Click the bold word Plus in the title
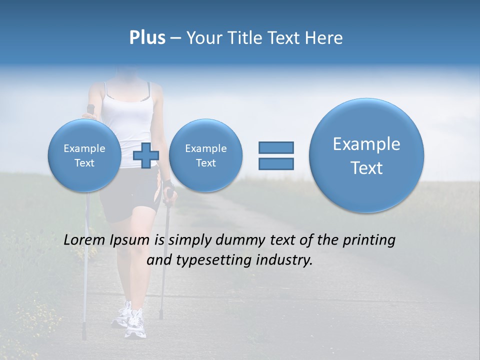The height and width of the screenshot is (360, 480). pyautogui.click(x=147, y=38)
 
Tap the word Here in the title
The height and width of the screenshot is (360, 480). pyautogui.click(x=323, y=38)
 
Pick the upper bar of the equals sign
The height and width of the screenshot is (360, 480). pyautogui.click(x=276, y=147)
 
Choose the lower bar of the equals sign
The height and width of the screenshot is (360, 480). pyautogui.click(x=276, y=163)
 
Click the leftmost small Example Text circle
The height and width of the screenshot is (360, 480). pyautogui.click(x=84, y=155)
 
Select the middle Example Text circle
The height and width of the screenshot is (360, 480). pyautogui.click(x=205, y=155)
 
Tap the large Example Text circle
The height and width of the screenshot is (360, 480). pyautogui.click(x=366, y=155)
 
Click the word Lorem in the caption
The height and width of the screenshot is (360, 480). pyautogui.click(x=85, y=240)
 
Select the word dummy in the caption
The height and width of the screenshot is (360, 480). pyautogui.click(x=236, y=240)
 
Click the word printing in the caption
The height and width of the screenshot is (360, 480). pyautogui.click(x=369, y=240)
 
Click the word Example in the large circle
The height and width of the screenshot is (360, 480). pyautogui.click(x=366, y=144)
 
